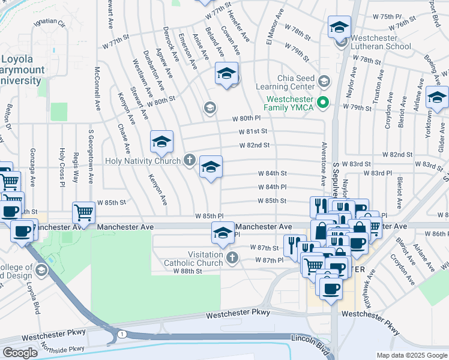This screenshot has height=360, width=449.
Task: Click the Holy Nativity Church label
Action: point(142,161)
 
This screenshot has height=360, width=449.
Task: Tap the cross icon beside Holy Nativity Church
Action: point(190,160)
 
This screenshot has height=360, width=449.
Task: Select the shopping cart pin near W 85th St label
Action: point(83,212)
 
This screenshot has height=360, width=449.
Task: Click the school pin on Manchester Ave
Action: point(223,233)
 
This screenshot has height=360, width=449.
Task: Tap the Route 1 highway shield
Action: point(122,334)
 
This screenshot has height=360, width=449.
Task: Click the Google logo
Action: point(20,352)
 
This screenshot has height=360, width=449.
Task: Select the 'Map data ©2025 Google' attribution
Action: point(411,355)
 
